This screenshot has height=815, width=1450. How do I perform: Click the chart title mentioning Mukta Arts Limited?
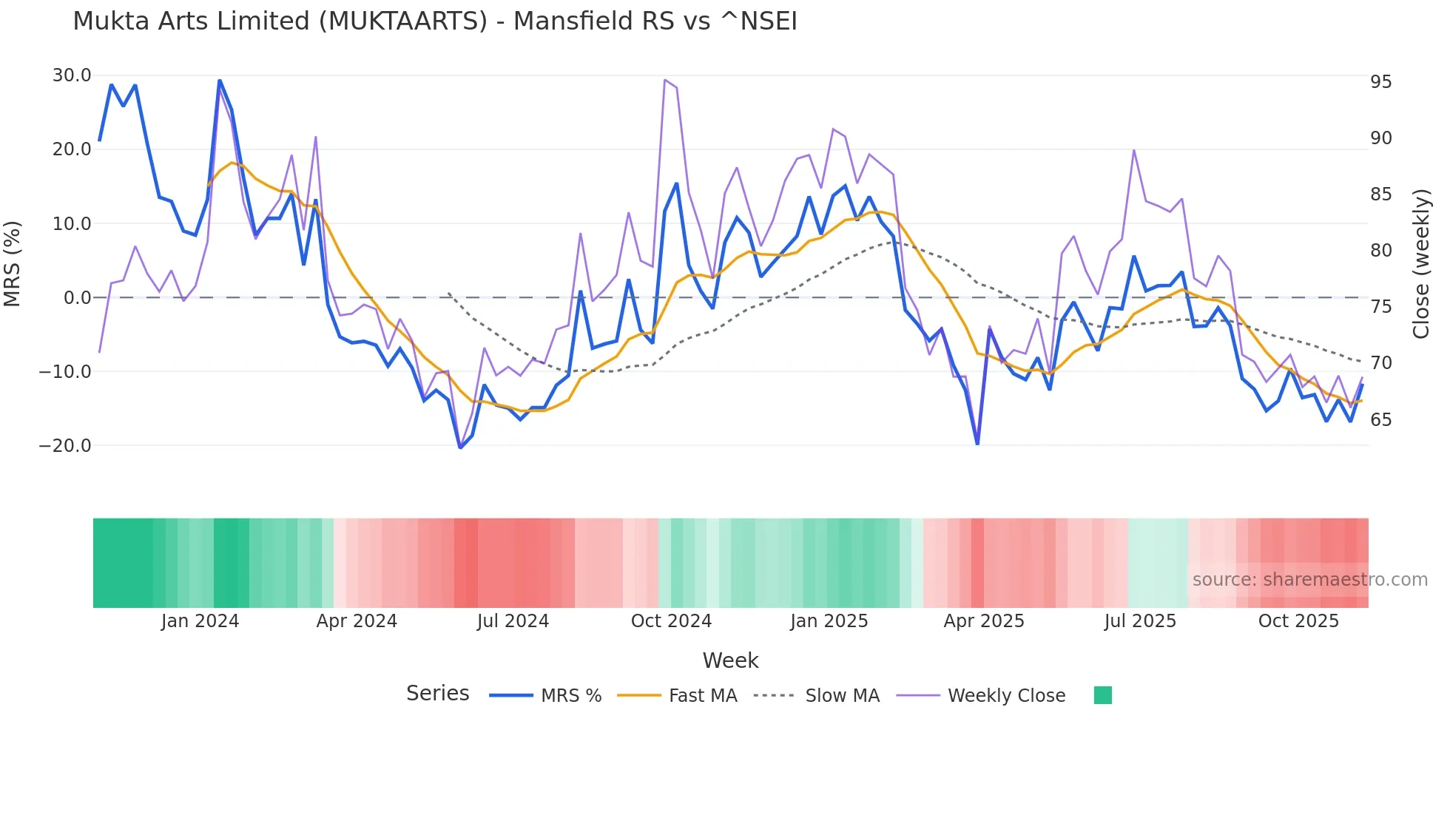[435, 21]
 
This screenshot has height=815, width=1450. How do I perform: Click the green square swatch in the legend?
[1102, 695]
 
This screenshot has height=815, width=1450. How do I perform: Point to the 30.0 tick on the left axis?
[72, 75]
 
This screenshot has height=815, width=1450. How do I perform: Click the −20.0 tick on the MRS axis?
[65, 445]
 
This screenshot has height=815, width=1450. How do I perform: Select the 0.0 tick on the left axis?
[77, 297]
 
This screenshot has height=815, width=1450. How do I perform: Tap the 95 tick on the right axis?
[1380, 82]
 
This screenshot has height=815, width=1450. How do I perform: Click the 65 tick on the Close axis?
[1380, 419]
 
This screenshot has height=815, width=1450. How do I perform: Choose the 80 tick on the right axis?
[1380, 251]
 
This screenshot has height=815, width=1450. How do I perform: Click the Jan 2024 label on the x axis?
[200, 621]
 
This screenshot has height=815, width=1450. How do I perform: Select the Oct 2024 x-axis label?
[671, 621]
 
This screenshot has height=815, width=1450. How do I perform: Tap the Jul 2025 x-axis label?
[1140, 621]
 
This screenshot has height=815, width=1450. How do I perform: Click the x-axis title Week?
[730, 660]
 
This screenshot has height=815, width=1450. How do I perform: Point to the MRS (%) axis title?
[13, 263]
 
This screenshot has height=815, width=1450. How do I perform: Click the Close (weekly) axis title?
[1420, 263]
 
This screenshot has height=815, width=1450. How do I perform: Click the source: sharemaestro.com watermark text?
[1309, 580]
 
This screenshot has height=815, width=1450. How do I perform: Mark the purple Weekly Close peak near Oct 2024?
[665, 80]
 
